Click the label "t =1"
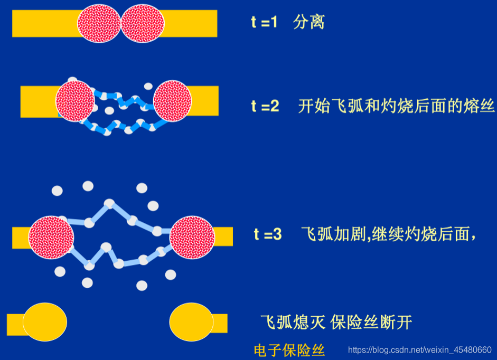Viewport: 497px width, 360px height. tap(264, 23)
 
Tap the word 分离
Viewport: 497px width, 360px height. tap(308, 23)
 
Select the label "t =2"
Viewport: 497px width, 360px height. tap(265, 106)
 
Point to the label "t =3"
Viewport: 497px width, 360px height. tap(268, 234)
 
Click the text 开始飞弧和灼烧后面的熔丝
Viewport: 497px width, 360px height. tap(396, 106)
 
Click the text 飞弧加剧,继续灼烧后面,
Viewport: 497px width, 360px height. tap(389, 234)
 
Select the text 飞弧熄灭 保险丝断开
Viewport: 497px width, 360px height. tap(336, 322)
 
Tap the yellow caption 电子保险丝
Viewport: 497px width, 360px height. tap(289, 350)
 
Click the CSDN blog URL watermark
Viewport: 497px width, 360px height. tap(420, 350)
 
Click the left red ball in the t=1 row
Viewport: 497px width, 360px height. tap(99, 23)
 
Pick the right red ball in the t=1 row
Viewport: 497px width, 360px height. tap(143, 23)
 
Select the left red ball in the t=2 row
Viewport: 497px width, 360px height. tap(74, 100)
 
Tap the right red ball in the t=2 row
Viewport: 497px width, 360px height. tap(172, 100)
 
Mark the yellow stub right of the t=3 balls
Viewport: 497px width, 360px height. tap(223, 236)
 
